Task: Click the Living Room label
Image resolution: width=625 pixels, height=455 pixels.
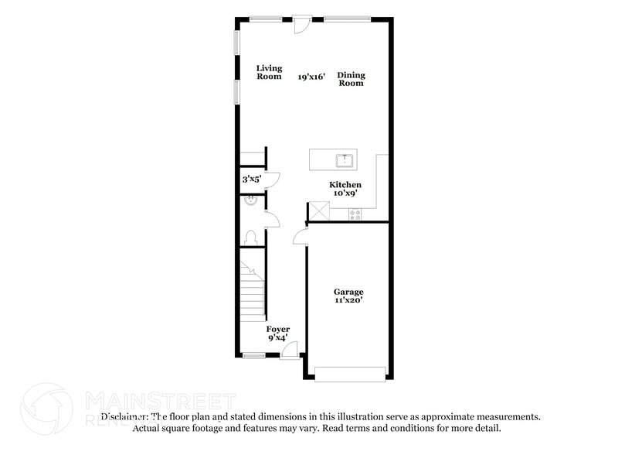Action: coord(269,73)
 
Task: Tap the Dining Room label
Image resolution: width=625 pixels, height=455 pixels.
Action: coord(351,79)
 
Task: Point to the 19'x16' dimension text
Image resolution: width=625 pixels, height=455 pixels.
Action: coord(312,77)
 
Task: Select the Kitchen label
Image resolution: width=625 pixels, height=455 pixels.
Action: coord(345,185)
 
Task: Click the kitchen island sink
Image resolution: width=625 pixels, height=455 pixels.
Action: coord(345,161)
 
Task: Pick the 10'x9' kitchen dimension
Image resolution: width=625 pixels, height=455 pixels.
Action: coord(345,193)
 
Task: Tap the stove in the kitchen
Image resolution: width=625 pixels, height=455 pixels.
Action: coord(356,213)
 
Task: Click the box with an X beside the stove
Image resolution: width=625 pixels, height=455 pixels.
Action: coord(318,211)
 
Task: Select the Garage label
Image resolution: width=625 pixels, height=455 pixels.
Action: coord(348,292)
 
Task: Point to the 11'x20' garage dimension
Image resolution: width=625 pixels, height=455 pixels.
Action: coord(348,300)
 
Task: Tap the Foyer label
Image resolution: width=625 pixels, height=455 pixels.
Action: coord(277,329)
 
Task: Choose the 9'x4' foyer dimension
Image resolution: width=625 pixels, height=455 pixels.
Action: coord(277,337)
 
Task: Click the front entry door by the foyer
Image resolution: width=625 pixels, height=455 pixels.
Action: coord(290,352)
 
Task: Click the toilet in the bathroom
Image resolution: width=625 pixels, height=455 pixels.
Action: coord(250,237)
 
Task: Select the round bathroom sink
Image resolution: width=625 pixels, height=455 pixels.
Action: coord(250,202)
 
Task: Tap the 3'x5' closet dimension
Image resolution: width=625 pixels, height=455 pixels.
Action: coord(251,179)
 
